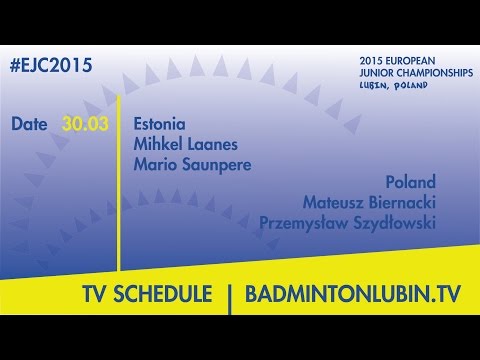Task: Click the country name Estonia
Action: click(x=159, y=125)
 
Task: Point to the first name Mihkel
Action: click(x=156, y=144)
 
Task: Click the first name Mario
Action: click(x=153, y=162)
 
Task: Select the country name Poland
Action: click(x=411, y=183)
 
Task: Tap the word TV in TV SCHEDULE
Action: click(x=97, y=295)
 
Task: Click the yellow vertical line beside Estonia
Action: click(x=121, y=180)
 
